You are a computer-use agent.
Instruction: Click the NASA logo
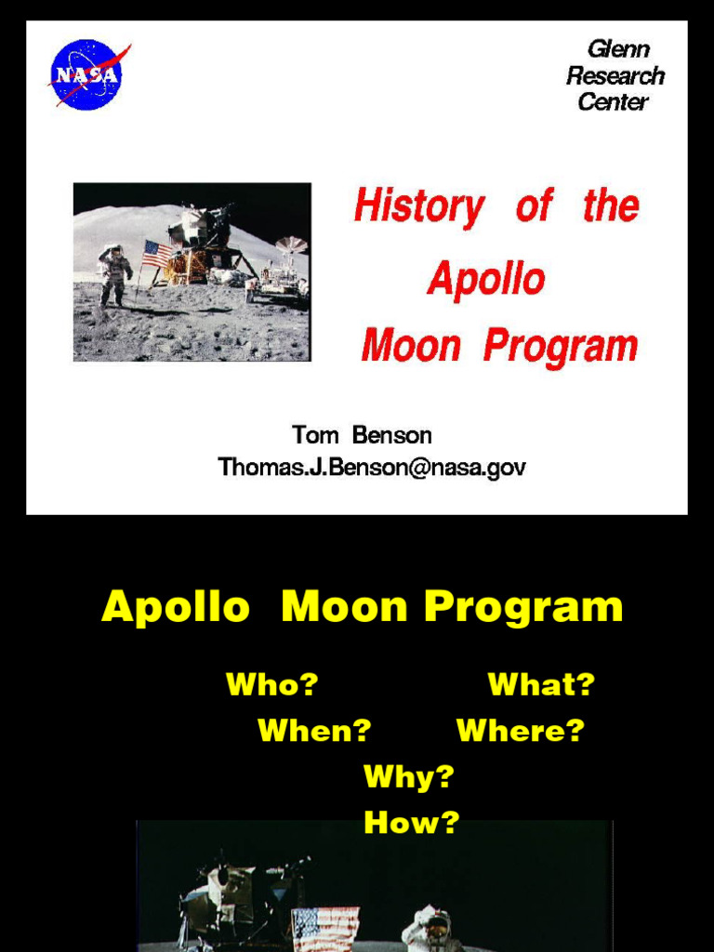click(86, 74)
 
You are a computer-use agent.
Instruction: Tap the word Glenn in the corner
click(617, 48)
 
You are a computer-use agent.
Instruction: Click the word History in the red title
click(419, 206)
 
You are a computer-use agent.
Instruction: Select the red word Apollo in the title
click(486, 278)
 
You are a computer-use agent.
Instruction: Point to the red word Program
click(561, 346)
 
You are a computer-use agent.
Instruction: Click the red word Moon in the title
click(411, 346)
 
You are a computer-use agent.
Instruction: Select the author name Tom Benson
click(362, 435)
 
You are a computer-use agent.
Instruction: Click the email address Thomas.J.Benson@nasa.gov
click(372, 467)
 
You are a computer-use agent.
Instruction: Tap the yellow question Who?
click(271, 685)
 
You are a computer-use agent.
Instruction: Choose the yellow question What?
click(541, 685)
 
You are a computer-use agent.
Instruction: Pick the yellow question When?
click(314, 731)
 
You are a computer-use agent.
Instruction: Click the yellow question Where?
click(520, 731)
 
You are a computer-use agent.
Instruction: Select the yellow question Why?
click(408, 776)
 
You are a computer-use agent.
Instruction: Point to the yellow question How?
click(411, 822)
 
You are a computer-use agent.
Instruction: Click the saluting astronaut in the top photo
click(114, 274)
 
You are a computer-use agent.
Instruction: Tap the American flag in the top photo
click(156, 253)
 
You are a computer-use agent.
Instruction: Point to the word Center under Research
click(613, 102)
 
